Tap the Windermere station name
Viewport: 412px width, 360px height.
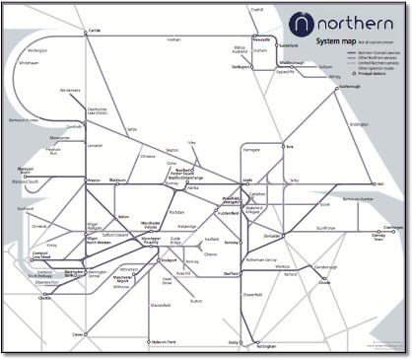pos(70,90)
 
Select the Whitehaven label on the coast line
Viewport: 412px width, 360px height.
pos(28,61)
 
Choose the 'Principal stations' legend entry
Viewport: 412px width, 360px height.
pos(375,74)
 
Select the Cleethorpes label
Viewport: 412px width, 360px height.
pos(391,227)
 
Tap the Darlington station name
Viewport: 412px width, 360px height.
pos(240,68)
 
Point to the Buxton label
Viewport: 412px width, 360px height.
pos(196,301)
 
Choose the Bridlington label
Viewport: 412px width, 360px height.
pos(359,124)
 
